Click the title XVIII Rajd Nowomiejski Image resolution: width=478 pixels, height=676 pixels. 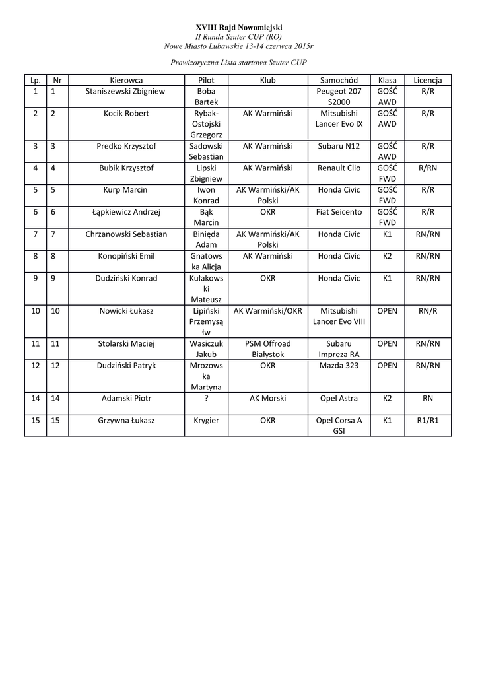click(238, 27)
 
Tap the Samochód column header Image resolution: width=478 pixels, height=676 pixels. click(339, 80)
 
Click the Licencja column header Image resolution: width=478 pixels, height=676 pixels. click(427, 80)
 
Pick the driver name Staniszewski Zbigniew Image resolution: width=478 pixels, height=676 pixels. click(125, 91)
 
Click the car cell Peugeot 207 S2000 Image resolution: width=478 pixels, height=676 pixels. click(339, 97)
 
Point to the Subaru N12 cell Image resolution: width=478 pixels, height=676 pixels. click(339, 146)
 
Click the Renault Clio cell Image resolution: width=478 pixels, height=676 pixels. click(339, 168)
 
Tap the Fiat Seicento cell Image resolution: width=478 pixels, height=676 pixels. click(339, 212)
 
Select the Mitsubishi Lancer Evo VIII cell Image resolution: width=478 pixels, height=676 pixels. click(339, 316)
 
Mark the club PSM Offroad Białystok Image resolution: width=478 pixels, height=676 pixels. click(267, 349)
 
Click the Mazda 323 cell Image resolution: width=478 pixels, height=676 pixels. click(339, 365)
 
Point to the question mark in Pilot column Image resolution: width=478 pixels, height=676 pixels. click(207, 398)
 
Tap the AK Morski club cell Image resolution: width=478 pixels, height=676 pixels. click(267, 398)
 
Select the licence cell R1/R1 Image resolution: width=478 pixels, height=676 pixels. click(427, 420)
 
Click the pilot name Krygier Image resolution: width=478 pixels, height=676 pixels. click(207, 420)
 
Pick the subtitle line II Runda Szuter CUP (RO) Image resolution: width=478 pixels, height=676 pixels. click(238, 36)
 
